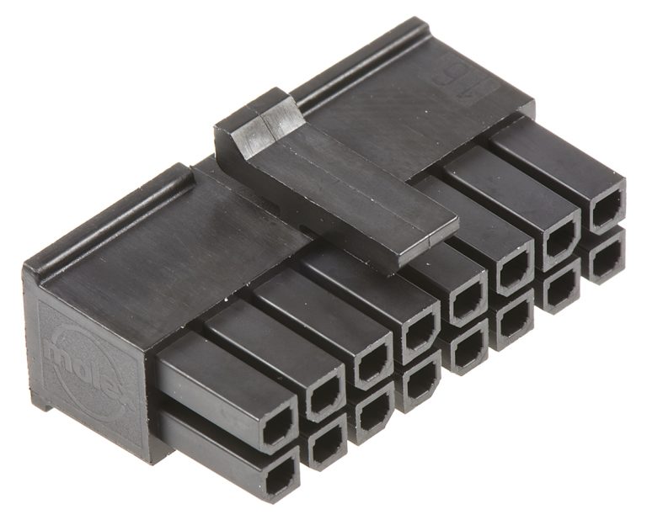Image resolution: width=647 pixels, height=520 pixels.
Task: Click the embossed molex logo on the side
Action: point(81,362)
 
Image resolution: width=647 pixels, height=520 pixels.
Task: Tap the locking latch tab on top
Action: point(337,185)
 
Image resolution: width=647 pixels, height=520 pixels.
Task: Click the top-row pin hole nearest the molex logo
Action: point(275,431)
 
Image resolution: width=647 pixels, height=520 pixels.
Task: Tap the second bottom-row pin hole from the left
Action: point(324,443)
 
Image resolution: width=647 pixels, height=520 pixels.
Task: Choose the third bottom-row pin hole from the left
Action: point(371,412)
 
